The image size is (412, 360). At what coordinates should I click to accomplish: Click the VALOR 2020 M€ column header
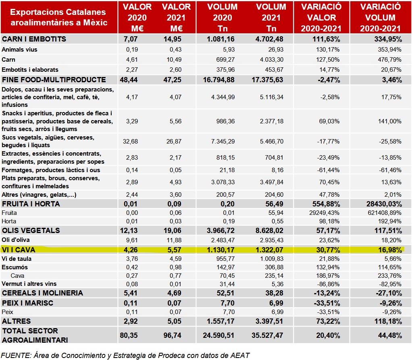(x=137, y=18)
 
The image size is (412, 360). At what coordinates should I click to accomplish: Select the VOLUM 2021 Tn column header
(x=271, y=18)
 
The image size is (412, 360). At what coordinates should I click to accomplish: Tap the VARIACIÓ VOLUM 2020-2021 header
(x=381, y=18)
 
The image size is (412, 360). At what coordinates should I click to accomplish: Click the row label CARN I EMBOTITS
(x=34, y=39)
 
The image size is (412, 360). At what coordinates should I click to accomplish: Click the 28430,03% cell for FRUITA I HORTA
(x=382, y=204)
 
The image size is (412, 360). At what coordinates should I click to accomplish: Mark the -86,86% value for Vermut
(x=328, y=284)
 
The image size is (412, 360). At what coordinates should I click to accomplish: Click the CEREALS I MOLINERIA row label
(x=42, y=293)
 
